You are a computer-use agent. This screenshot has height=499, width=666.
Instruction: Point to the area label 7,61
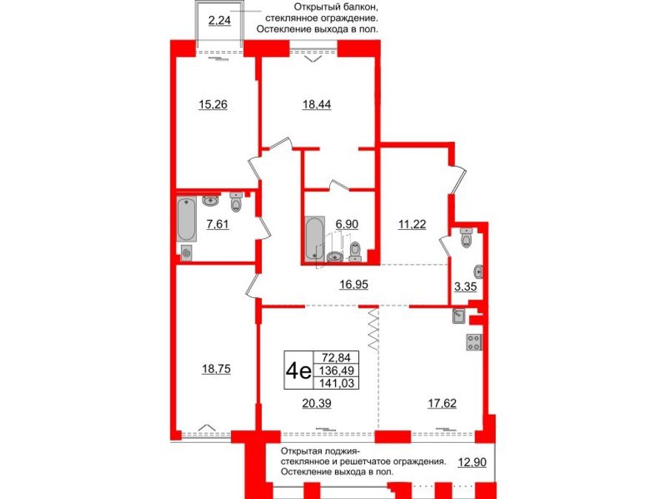click(218, 225)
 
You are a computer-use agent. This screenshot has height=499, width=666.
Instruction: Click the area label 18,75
click(218, 370)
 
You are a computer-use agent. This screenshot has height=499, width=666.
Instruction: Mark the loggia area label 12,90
click(473, 462)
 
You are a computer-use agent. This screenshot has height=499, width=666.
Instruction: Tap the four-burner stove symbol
click(472, 342)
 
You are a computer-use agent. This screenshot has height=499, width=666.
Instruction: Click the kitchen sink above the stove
click(459, 316)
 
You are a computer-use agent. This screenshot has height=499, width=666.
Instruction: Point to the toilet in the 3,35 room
click(466, 238)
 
